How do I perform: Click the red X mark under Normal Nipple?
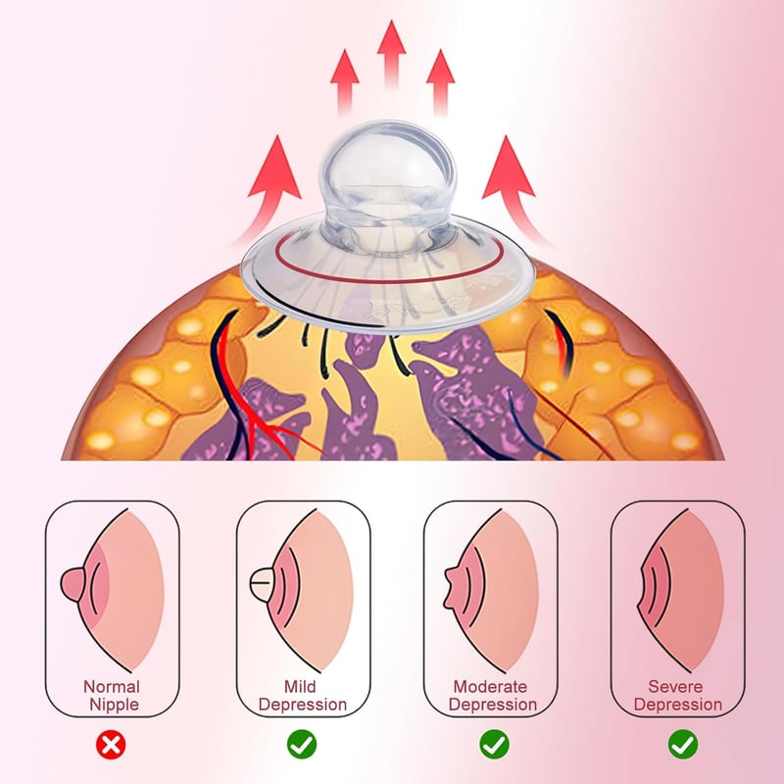tap(111, 745)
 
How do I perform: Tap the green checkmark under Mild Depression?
tap(302, 745)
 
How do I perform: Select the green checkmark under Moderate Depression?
tap(494, 745)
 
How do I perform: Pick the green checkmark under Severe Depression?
tap(683, 745)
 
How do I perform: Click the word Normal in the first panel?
tap(112, 687)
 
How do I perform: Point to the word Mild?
tap(300, 687)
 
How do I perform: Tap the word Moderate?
tap(491, 687)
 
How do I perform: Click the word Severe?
tap(675, 687)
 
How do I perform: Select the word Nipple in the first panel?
tap(114, 705)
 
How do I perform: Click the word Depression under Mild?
tap(303, 705)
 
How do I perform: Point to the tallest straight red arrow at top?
tap(391, 54)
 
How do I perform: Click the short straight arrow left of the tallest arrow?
tap(345, 82)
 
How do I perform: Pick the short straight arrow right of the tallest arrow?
tap(440, 82)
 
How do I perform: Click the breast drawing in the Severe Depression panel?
tap(680, 591)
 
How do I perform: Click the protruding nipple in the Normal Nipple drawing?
tap(73, 583)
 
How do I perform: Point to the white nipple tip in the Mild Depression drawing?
tap(261, 583)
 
